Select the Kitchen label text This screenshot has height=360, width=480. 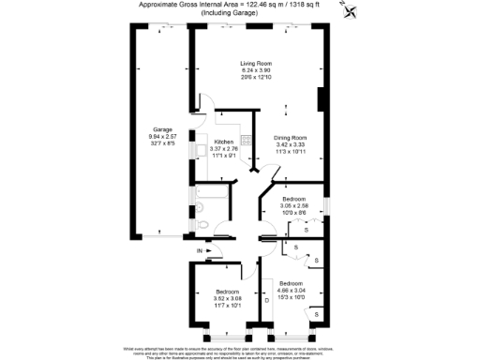click(x=224, y=141)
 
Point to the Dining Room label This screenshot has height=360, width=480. click(x=291, y=139)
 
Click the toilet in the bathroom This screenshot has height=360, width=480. click(x=204, y=226)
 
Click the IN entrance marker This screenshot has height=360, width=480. click(x=200, y=251)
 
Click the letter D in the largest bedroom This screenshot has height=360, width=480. click(x=266, y=300)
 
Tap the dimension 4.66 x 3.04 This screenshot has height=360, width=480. click(x=291, y=290)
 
